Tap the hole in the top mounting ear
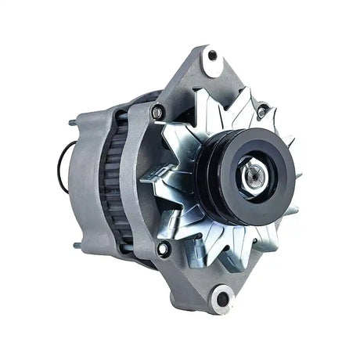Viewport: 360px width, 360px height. (x=211, y=56)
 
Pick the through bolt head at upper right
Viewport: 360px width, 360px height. (x=261, y=111)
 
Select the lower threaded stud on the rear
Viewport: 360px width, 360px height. (x=77, y=246)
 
